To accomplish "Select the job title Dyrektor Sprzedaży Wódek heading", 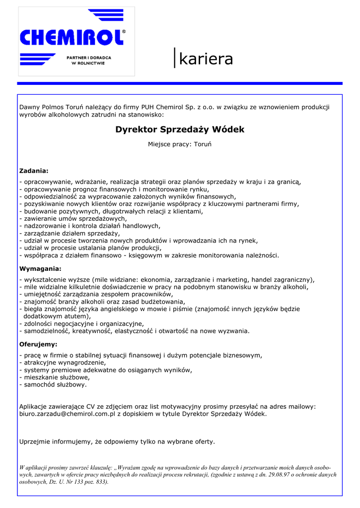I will tap(180, 129).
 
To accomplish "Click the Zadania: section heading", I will tap(34, 171).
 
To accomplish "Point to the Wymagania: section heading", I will tap(40, 268).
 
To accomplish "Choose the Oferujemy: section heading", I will tap(38, 344).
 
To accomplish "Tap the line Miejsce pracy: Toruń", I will tap(180, 144).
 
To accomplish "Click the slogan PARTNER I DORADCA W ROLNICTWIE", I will tap(89, 61).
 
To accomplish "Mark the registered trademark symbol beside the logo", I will tap(124, 32).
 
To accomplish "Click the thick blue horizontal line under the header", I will tap(180, 83).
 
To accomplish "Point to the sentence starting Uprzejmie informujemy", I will tap(117, 441).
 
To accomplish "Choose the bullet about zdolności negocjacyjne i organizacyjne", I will tap(81, 323).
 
